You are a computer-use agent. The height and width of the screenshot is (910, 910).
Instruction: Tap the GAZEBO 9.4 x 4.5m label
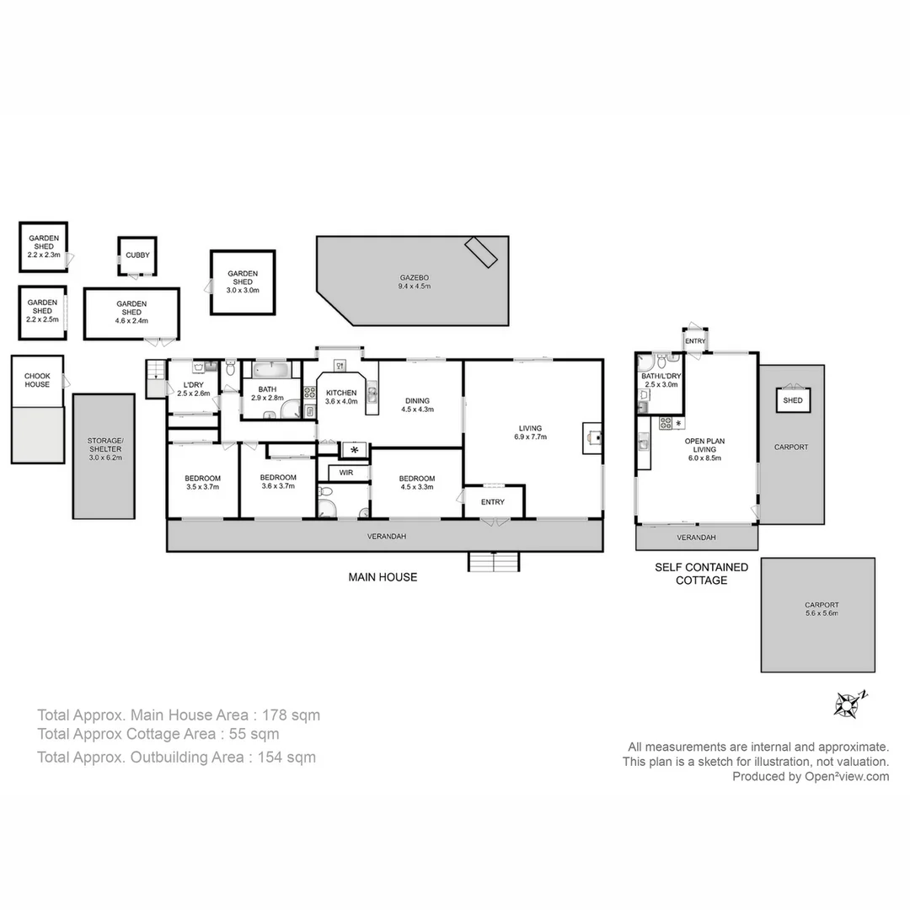pyautogui.click(x=414, y=281)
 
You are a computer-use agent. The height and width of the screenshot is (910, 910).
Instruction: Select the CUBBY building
pyautogui.click(x=137, y=256)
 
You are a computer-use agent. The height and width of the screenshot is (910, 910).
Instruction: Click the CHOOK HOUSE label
pyautogui.click(x=37, y=379)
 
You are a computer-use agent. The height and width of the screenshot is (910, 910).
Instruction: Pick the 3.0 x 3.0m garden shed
pyautogui.click(x=243, y=281)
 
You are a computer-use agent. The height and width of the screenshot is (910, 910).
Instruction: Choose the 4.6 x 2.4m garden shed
pyautogui.click(x=131, y=312)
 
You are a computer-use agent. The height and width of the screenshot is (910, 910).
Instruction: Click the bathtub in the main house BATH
pyautogui.click(x=270, y=370)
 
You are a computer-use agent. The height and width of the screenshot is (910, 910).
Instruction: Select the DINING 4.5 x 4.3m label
pyautogui.click(x=417, y=404)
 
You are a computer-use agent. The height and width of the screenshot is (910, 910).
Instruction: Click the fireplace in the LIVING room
pyautogui.click(x=592, y=436)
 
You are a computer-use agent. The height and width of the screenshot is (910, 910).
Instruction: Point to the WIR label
pyautogui.click(x=346, y=473)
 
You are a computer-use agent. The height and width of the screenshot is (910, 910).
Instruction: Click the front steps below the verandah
pyautogui.click(x=494, y=561)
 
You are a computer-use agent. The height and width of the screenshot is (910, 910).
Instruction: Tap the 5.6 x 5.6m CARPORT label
pyautogui.click(x=821, y=608)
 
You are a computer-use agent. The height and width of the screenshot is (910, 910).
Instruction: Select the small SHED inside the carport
pyautogui.click(x=792, y=401)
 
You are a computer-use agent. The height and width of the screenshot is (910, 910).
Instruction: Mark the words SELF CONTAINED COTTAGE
pyautogui.click(x=690, y=574)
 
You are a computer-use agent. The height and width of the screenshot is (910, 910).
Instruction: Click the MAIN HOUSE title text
pyautogui.click(x=383, y=577)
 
